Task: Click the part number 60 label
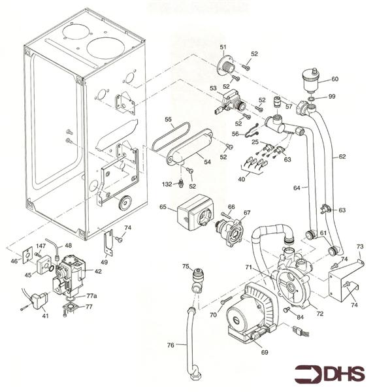pyautogui.click(x=334, y=79)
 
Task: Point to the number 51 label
pyautogui.click(x=223, y=47)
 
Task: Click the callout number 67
pyautogui.click(x=246, y=212)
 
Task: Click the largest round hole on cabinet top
pyautogui.click(x=103, y=48)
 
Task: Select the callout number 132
pyautogui.click(x=167, y=185)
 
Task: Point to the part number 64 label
pyautogui.click(x=296, y=188)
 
